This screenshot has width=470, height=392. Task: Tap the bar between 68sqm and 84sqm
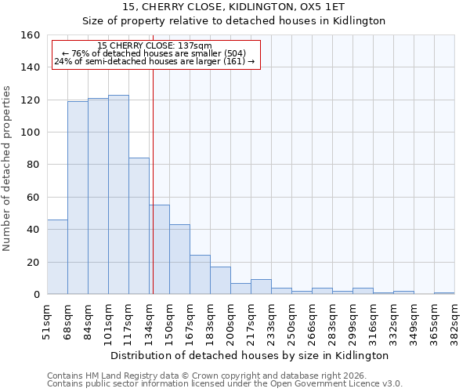(x=78, y=198)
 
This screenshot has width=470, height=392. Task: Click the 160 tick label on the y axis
(x=30, y=35)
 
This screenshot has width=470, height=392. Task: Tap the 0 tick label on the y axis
(x=36, y=295)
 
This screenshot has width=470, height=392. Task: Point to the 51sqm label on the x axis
(x=47, y=319)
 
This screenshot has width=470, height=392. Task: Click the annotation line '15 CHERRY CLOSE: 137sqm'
(x=155, y=46)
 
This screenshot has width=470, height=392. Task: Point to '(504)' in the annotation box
(x=234, y=53)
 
